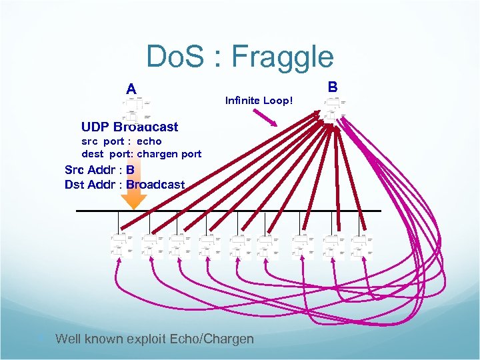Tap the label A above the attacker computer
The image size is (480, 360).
[x=131, y=89]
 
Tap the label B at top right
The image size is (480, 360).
[x=333, y=86]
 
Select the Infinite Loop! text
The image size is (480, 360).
[x=259, y=101]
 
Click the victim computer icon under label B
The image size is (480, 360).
[x=333, y=107]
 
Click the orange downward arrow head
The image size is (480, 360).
[x=133, y=201]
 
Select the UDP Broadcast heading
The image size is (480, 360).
[x=129, y=127]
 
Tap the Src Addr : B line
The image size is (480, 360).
[x=99, y=169]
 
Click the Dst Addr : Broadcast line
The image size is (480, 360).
[x=125, y=184]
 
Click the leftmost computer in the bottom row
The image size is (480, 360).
[x=121, y=245]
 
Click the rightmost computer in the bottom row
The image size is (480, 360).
[x=362, y=245]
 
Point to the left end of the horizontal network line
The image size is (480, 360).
[x=77, y=211]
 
